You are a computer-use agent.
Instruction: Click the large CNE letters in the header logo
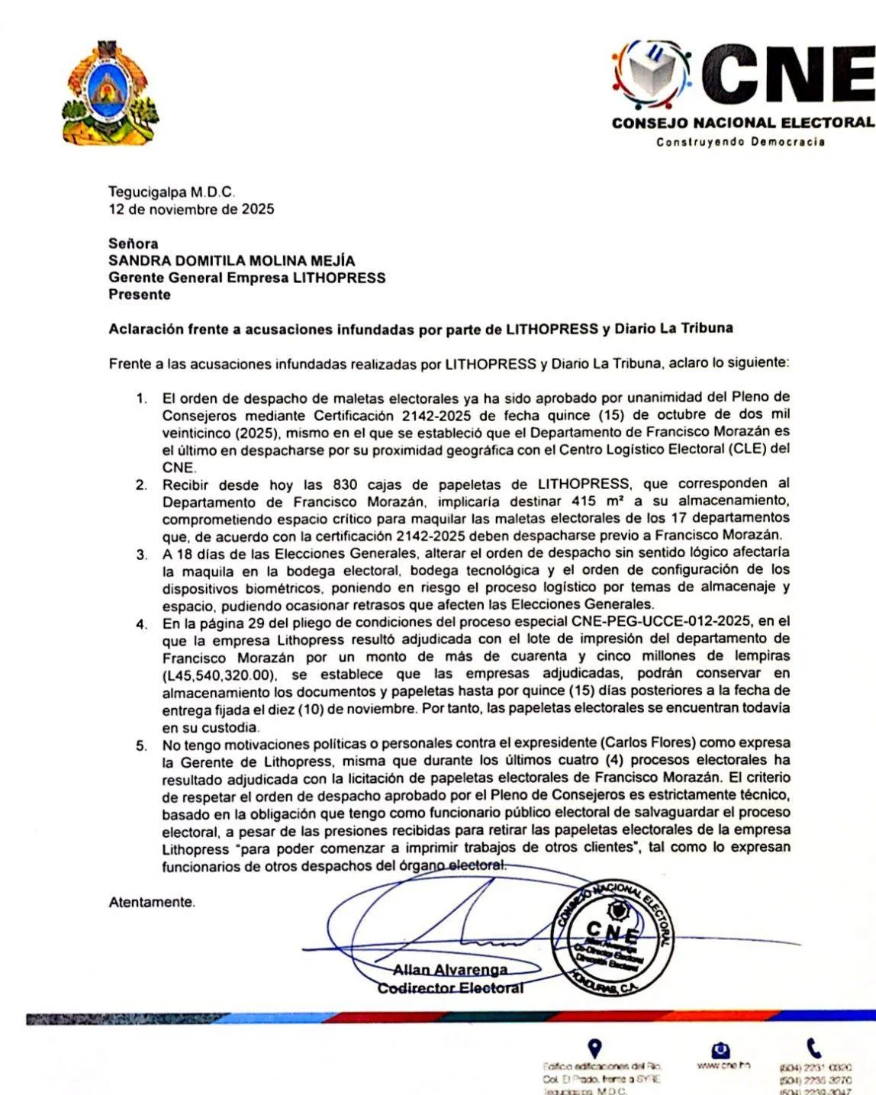[791, 75]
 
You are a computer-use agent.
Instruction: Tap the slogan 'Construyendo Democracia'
[740, 142]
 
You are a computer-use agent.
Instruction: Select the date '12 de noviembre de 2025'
[191, 209]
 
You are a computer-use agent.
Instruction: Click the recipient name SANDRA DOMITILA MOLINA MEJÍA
[231, 261]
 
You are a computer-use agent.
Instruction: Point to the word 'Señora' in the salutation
[134, 244]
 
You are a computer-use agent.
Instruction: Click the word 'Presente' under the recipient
[140, 295]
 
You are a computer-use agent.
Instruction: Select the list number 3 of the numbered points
[141, 555]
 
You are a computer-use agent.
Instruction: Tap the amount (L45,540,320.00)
[217, 675]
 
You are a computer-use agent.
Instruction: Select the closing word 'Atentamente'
[152, 902]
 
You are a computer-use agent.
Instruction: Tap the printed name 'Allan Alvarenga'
[449, 970]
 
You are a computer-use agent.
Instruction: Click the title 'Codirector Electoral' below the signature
[450, 988]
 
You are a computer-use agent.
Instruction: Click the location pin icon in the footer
[595, 1048]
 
